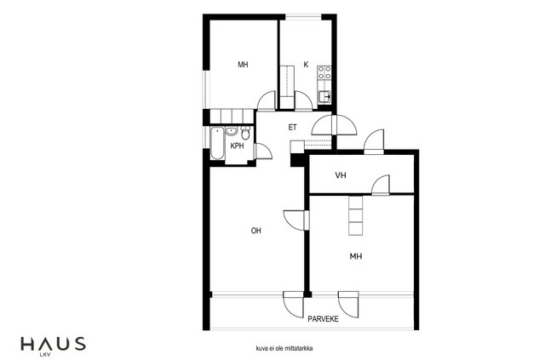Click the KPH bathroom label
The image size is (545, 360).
[237, 146]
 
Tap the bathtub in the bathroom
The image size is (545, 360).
[218, 144]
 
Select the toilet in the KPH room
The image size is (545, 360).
[245, 133]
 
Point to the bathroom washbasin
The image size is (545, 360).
[231, 131]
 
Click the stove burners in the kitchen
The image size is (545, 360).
[324, 72]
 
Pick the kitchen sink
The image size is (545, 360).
[324, 96]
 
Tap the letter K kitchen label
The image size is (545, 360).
[306, 65]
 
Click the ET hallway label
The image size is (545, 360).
[293, 128]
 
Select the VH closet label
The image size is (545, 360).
[341, 175]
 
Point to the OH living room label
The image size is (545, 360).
[255, 231]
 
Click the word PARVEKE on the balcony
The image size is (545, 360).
[324, 319]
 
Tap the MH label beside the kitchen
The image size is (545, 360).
[243, 65]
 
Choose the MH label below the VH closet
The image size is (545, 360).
[356, 256]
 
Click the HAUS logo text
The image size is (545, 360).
[53, 343]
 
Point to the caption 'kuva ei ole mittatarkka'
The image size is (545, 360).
[284, 348]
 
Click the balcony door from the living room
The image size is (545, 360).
[293, 304]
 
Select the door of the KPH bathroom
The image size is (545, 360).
[263, 151]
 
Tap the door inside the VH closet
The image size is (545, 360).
[381, 185]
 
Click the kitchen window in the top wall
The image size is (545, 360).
[303, 16]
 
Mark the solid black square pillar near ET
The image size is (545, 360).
[297, 159]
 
